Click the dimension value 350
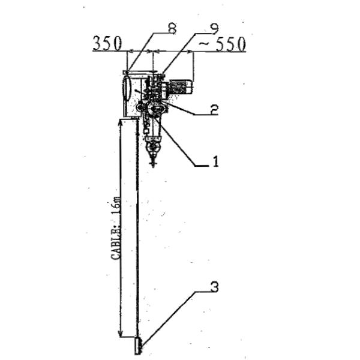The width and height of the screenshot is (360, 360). point(107,44)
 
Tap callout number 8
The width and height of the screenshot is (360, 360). point(172,27)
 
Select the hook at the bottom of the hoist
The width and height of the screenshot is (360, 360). point(153,157)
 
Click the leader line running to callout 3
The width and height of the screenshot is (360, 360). point(174,318)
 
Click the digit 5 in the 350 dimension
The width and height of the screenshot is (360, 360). point(107,44)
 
